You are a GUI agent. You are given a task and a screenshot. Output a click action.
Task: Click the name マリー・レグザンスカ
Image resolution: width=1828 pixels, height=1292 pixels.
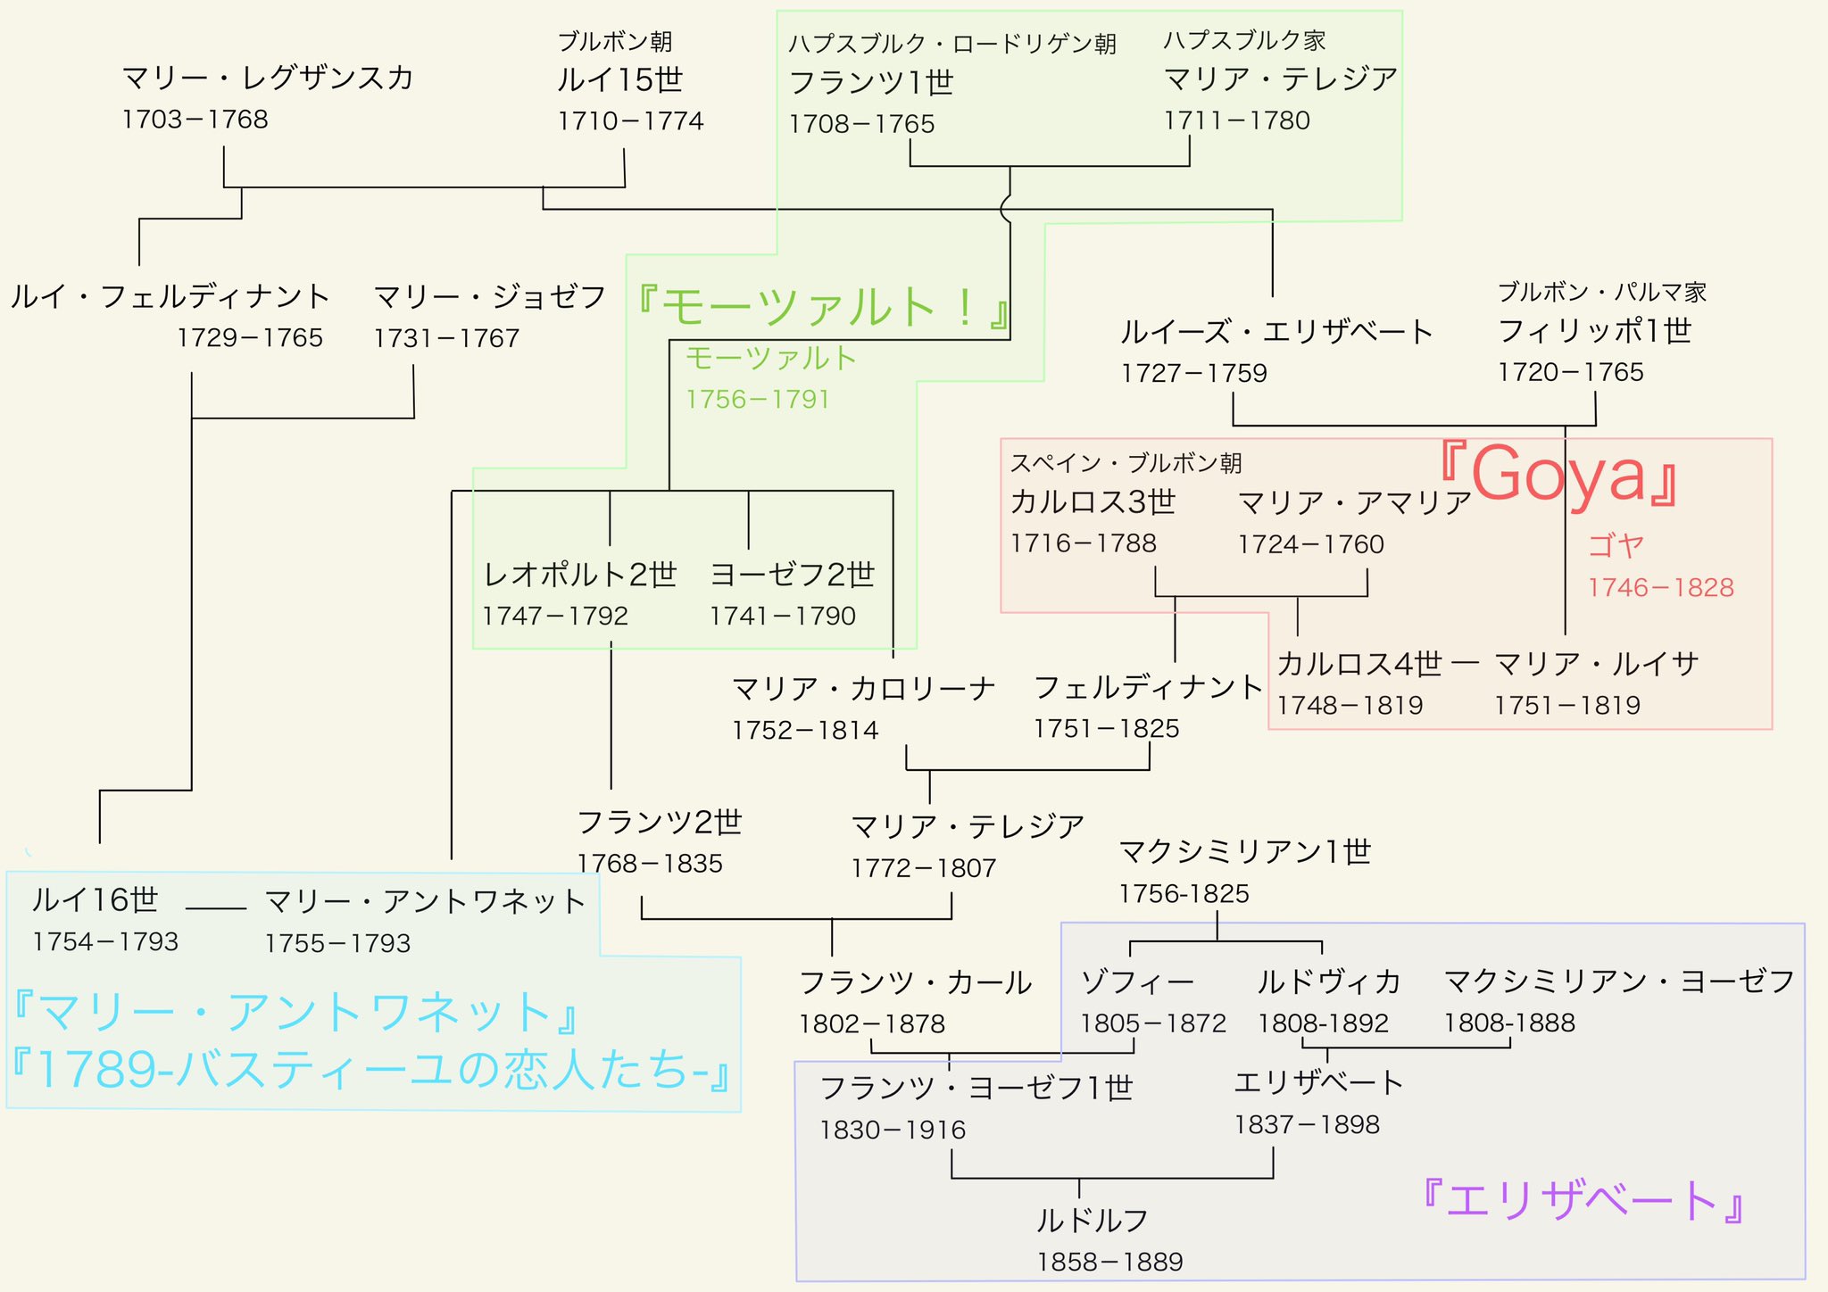click(x=268, y=79)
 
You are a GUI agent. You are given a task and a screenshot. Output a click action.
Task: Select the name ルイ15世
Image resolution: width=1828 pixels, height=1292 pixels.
click(x=619, y=80)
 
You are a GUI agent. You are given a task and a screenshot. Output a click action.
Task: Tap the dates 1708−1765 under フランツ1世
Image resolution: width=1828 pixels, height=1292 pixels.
click(x=861, y=124)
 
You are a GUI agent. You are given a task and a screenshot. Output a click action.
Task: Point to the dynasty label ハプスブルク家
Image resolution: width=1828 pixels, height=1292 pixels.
click(x=1244, y=41)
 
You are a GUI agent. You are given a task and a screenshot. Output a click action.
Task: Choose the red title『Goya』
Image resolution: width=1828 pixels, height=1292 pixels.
click(x=1558, y=475)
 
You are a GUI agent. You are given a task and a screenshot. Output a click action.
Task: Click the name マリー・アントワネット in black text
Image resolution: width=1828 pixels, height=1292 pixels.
click(x=425, y=901)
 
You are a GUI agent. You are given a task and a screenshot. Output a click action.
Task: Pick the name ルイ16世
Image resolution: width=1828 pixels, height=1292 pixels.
click(x=95, y=899)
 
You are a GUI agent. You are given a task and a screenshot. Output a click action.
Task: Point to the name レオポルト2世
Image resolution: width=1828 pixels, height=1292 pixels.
click(x=580, y=575)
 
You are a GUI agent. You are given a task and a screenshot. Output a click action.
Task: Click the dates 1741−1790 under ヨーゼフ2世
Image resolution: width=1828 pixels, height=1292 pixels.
click(x=783, y=617)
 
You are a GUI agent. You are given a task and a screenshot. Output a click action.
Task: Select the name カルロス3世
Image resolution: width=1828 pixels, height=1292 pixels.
click(x=1093, y=502)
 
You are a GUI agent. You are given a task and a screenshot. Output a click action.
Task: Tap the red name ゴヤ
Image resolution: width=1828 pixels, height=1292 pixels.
click(x=1616, y=545)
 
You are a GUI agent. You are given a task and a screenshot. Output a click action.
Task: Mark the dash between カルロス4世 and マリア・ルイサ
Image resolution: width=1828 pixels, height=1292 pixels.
click(x=1466, y=663)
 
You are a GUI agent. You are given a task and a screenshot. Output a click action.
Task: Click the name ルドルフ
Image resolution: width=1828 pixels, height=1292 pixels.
click(x=1092, y=1220)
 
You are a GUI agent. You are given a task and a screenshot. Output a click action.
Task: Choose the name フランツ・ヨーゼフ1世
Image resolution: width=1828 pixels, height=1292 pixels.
click(x=976, y=1089)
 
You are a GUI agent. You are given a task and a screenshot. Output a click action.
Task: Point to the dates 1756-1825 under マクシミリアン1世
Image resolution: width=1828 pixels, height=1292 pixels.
click(x=1184, y=894)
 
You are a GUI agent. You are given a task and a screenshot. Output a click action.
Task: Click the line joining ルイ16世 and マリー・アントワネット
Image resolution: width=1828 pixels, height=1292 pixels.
click(x=216, y=908)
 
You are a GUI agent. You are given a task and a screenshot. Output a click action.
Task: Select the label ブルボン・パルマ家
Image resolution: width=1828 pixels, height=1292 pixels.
click(x=1602, y=292)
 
